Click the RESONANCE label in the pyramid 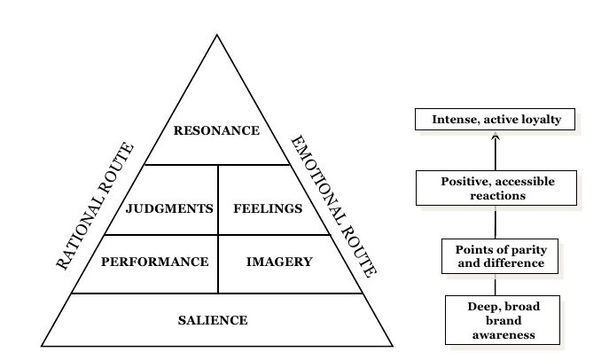(216, 130)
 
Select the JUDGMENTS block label (169, 209)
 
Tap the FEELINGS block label (268, 209)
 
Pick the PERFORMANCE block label (154, 262)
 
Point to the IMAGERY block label (279, 262)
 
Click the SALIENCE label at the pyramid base (212, 320)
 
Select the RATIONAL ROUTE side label (96, 206)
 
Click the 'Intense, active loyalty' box (496, 120)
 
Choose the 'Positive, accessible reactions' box (496, 188)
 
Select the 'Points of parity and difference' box (494, 256)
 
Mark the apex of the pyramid (217, 35)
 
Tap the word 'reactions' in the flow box (496, 195)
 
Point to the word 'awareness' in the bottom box (502, 335)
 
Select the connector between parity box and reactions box (496, 222)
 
